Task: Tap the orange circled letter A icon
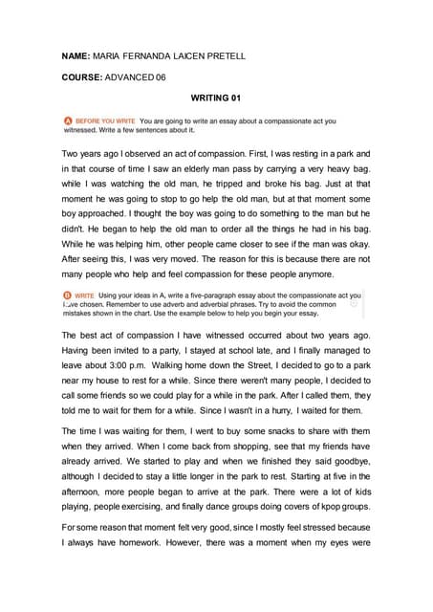pos(68,122)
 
